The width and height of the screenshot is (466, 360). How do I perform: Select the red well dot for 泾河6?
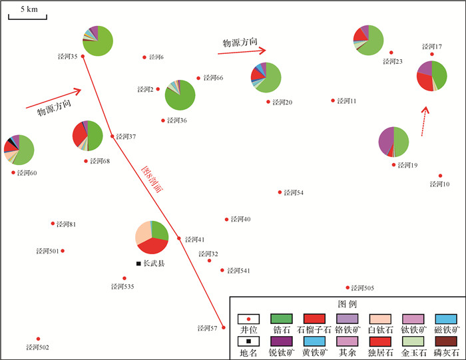pos(144,57)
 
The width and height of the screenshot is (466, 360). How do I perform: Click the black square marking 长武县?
pos(138,264)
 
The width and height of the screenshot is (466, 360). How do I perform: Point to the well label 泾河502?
pos(37,347)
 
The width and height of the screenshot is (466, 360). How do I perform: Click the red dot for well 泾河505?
pos(348,287)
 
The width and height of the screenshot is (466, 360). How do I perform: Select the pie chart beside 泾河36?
pos(180,95)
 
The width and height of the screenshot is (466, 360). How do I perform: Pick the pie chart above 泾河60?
pos(19,150)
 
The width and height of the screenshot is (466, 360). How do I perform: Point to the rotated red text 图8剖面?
pos(152,178)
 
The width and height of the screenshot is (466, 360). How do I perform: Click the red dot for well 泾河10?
pos(440,176)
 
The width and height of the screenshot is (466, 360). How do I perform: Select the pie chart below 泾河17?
pos(432,76)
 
